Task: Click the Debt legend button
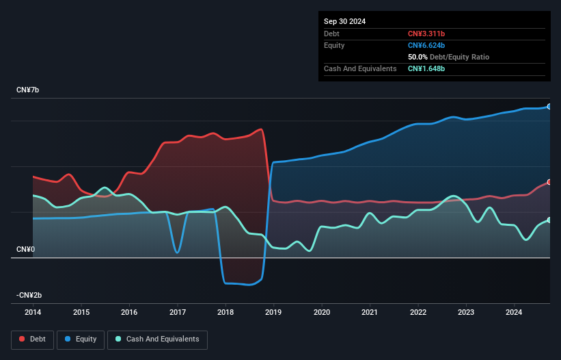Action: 32,339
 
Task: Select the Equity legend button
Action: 81,339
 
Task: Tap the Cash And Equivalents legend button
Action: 157,339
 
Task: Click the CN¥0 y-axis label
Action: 27,249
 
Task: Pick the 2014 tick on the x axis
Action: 33,313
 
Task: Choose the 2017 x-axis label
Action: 178,313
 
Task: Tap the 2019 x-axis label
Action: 273,313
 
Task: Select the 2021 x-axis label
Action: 370,313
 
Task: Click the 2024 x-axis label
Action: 514,313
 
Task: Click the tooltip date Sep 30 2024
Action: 345,21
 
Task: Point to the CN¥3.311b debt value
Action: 426,34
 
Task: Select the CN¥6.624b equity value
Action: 426,45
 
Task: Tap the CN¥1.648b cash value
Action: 426,68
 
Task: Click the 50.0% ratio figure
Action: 418,57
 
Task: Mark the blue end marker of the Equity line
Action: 549,107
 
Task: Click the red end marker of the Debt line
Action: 549,182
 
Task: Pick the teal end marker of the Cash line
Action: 549,220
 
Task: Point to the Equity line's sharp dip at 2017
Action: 177,253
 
